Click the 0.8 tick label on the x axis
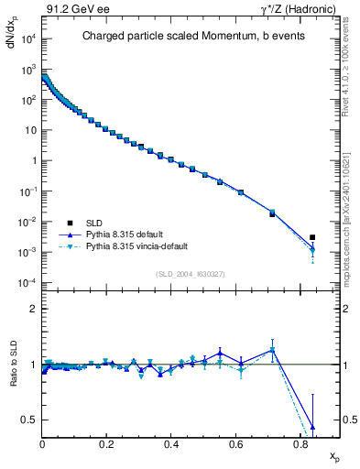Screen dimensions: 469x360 (300, 443)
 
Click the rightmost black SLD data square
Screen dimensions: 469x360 (312, 237)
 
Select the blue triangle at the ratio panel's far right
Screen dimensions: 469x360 (312, 427)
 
